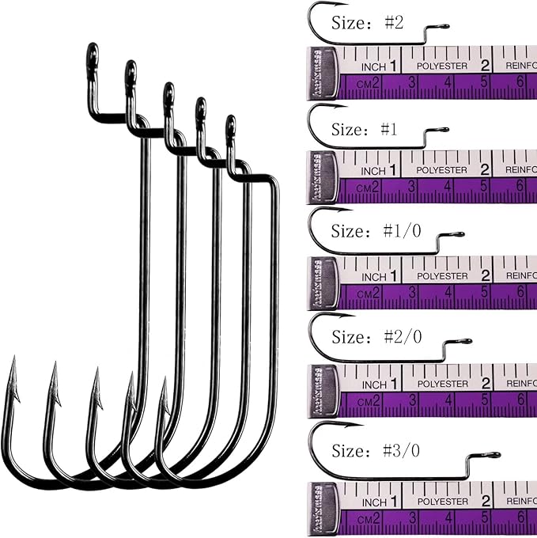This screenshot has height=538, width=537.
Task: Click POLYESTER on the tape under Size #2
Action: pos(442,66)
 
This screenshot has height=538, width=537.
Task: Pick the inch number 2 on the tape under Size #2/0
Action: pos(486,383)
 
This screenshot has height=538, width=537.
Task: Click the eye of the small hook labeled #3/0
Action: pos(494,455)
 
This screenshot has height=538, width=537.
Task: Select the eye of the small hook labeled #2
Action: pos(444,27)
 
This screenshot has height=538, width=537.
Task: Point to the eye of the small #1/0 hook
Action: pos(459,234)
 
